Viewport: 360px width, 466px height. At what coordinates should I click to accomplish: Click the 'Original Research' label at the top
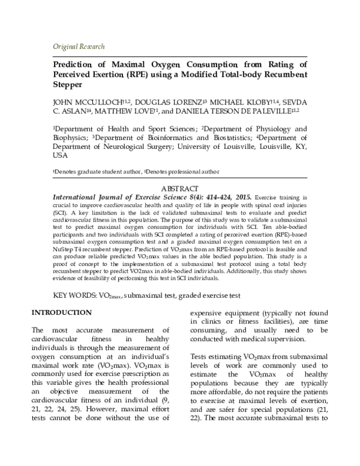pos(79,47)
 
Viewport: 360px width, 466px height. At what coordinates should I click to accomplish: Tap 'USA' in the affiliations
pos(61,155)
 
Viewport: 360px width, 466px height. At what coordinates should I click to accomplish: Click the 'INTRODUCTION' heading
pos(62,313)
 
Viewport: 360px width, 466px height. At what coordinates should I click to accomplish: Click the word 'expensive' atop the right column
pos(209,313)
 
